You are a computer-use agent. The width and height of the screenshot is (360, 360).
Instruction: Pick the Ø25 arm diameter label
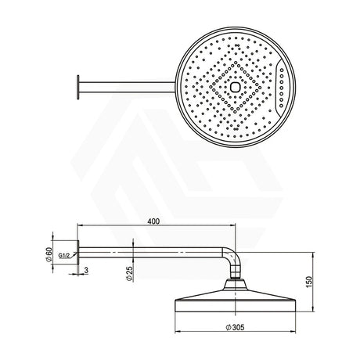pos(130,273)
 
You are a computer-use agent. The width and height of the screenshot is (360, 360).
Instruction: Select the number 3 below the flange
pos(85,270)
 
